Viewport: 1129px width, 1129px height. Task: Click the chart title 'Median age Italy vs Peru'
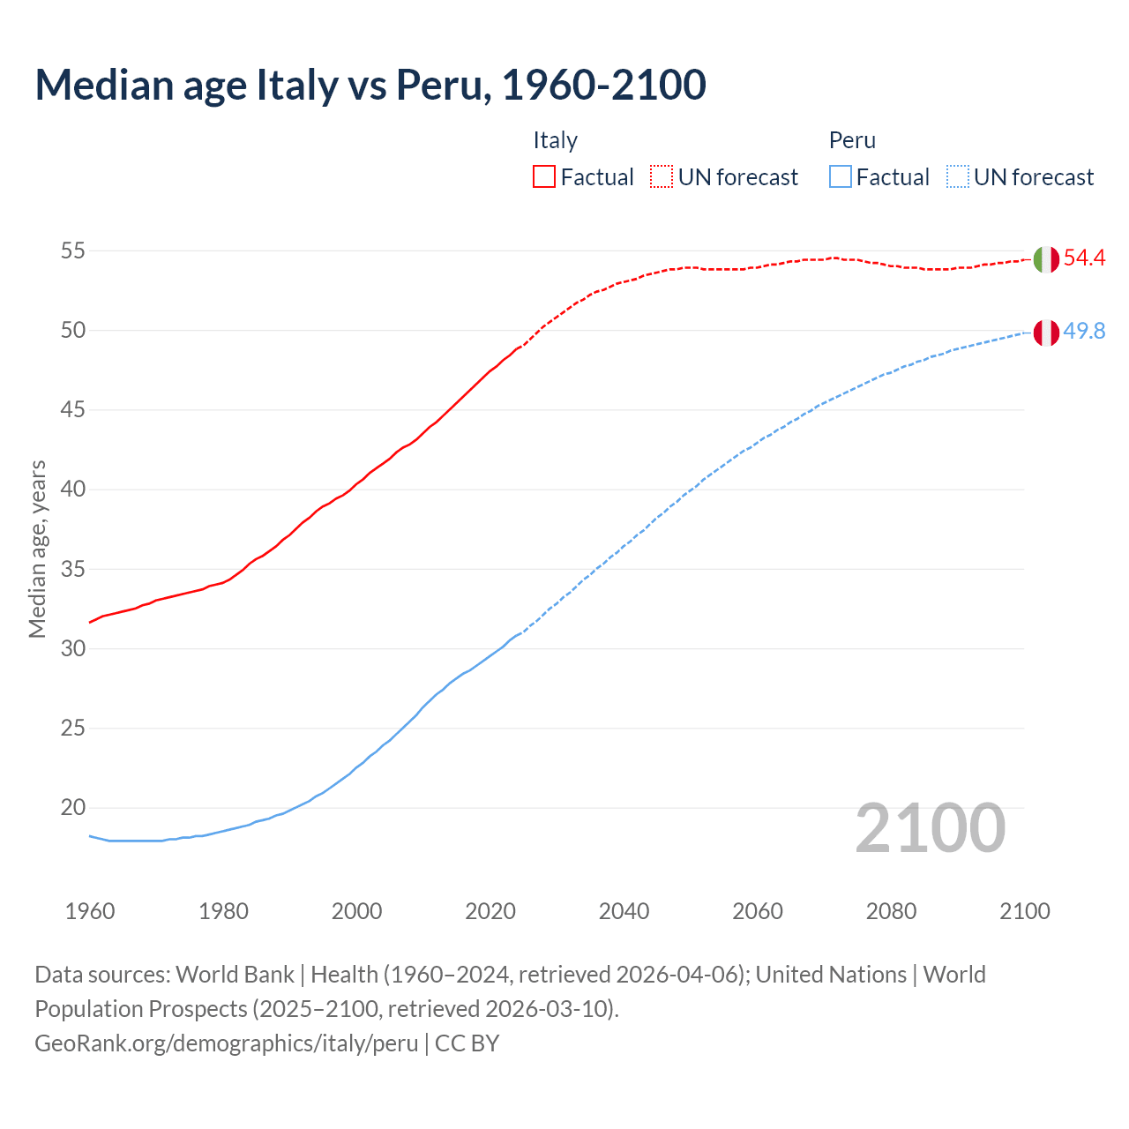point(370,85)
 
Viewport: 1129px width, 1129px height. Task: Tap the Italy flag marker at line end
point(1046,259)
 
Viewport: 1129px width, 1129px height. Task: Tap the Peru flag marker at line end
point(1046,333)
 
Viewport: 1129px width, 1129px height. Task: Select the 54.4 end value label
point(1084,258)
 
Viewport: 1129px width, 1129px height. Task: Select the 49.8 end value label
point(1084,332)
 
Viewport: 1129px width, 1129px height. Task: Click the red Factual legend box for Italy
point(544,177)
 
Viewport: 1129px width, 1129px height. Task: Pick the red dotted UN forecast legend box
point(662,177)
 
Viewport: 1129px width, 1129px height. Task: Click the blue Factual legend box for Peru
point(841,177)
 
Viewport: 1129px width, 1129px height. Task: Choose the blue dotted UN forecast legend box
point(957,177)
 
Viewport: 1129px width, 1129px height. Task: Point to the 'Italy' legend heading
point(555,140)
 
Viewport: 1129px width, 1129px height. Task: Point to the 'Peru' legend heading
point(852,140)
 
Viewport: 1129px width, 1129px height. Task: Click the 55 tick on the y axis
point(72,250)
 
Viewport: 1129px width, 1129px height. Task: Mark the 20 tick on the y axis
point(72,808)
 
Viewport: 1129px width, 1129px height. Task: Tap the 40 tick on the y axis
point(72,490)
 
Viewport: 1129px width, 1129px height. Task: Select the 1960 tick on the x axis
point(90,911)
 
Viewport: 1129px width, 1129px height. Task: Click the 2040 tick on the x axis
point(624,911)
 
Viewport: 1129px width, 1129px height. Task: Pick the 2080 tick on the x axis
point(891,911)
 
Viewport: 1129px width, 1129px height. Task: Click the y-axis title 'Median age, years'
point(37,549)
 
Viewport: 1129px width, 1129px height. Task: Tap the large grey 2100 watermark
point(931,827)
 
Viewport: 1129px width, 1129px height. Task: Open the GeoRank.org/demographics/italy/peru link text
point(227,1043)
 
